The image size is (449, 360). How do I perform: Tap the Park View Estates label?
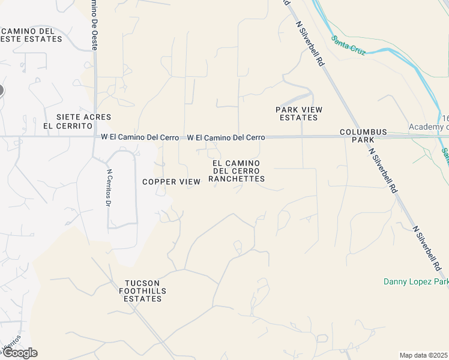coord(299,113)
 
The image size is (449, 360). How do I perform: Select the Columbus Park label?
coord(363,136)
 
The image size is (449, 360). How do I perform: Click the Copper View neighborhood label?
coord(171,182)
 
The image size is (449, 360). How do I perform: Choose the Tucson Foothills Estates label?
coord(142,291)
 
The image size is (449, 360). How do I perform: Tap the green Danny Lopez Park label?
coord(416,281)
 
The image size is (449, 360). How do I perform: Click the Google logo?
coord(19,353)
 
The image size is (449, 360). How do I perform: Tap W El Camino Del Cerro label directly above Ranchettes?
coord(226,138)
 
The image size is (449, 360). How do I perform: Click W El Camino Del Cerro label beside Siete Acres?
coord(139,137)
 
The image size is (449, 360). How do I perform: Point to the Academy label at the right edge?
coord(429,127)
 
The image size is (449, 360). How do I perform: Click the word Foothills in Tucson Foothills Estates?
coord(142,291)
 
